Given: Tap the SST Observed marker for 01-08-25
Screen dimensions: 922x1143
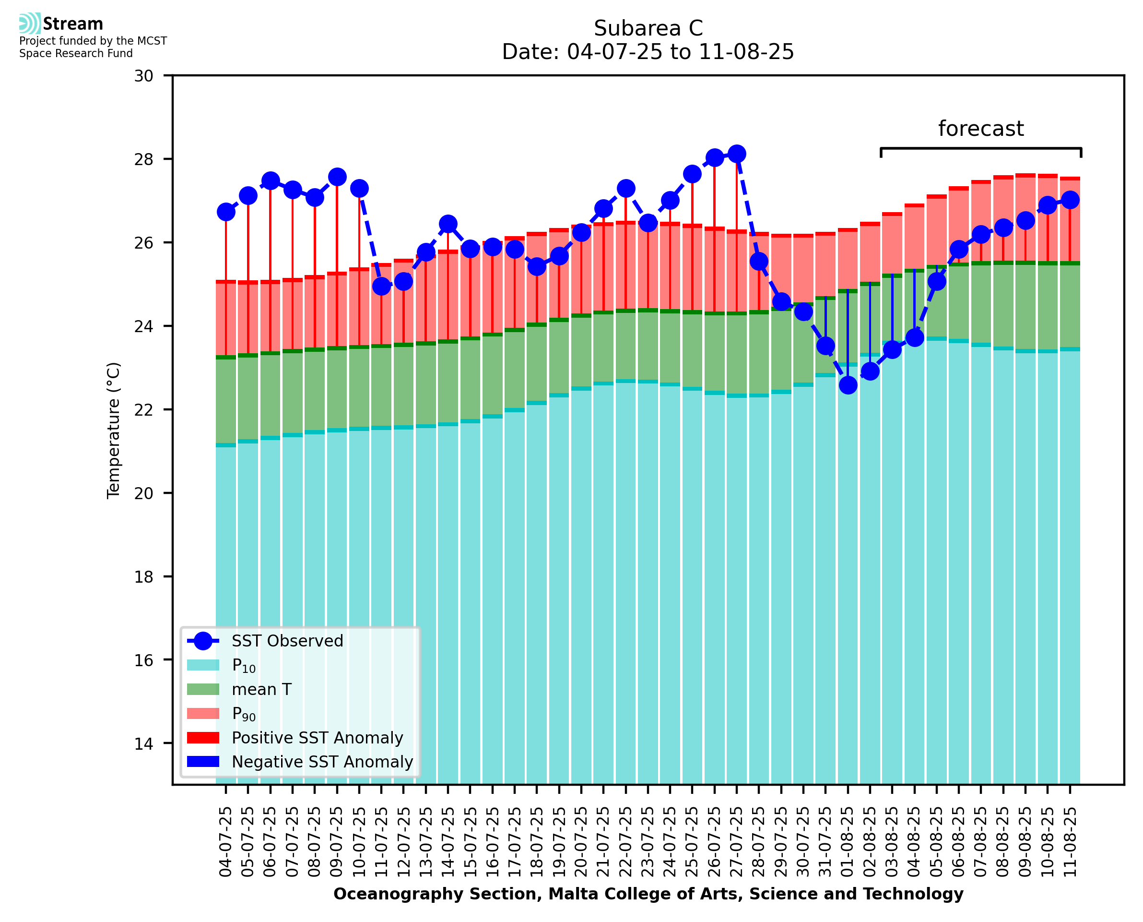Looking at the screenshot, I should [x=848, y=385].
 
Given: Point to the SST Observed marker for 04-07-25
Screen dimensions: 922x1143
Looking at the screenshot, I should [x=226, y=212].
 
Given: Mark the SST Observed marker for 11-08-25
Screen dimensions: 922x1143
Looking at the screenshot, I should [x=1070, y=200].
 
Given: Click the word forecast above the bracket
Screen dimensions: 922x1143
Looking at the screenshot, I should [x=980, y=129].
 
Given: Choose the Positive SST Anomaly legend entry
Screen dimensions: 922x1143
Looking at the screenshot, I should [x=317, y=738].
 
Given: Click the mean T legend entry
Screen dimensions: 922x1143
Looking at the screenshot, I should [x=261, y=689].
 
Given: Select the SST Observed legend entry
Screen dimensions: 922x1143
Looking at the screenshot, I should [x=287, y=641].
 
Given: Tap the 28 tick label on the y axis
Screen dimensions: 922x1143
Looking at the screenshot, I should [x=144, y=159].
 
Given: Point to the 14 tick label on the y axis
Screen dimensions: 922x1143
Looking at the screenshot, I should [x=144, y=743].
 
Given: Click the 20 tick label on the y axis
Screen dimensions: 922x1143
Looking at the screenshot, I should [x=144, y=493].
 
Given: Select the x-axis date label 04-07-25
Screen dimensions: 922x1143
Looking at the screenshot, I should [x=226, y=842].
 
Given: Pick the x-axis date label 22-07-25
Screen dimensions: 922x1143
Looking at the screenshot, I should [x=626, y=842].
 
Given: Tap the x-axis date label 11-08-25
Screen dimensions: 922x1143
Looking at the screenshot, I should [x=1070, y=842].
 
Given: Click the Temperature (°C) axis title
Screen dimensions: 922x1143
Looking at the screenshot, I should [x=114, y=430].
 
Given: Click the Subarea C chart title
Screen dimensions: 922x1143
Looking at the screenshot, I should [x=648, y=28].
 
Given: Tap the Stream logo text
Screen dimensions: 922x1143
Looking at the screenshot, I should [x=73, y=24].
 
